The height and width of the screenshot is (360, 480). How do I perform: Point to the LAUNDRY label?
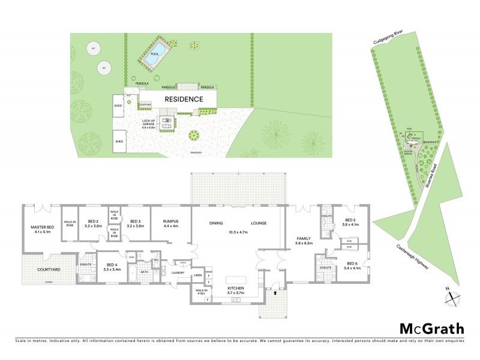[x=177, y=273]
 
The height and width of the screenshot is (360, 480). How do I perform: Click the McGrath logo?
[x=431, y=328]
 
